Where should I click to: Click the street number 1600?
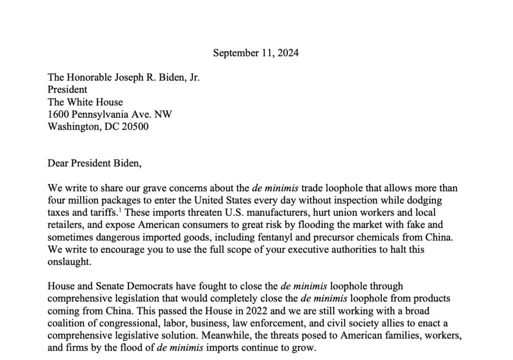point(58,114)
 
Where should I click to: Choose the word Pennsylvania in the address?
point(99,114)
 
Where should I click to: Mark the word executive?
point(293,249)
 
